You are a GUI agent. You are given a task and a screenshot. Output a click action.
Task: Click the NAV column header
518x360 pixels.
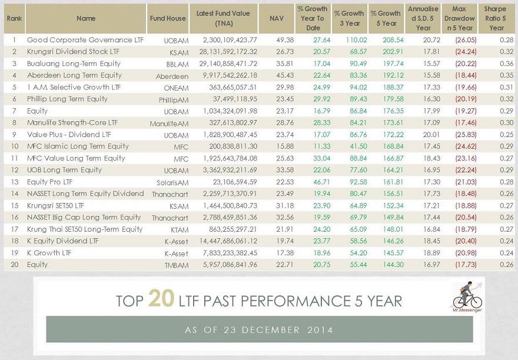(x=276, y=18)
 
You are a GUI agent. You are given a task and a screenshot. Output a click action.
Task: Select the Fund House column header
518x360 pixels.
(x=167, y=18)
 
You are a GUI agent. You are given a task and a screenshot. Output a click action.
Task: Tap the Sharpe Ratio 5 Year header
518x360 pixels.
(x=496, y=18)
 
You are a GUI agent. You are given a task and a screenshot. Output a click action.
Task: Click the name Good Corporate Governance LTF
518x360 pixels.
(x=80, y=40)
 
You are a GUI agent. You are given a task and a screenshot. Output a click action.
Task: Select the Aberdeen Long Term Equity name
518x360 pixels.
(x=74, y=75)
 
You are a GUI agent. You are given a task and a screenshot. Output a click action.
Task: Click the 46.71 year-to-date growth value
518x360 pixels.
(x=313, y=182)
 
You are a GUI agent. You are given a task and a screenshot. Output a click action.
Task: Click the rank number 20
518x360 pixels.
(x=14, y=265)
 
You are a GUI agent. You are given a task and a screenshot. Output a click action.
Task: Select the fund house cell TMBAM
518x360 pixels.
(x=176, y=265)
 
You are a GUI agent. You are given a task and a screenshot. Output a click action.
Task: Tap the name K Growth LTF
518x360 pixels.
(x=49, y=253)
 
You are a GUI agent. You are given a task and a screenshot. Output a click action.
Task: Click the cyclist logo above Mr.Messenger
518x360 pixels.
(x=467, y=294)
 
